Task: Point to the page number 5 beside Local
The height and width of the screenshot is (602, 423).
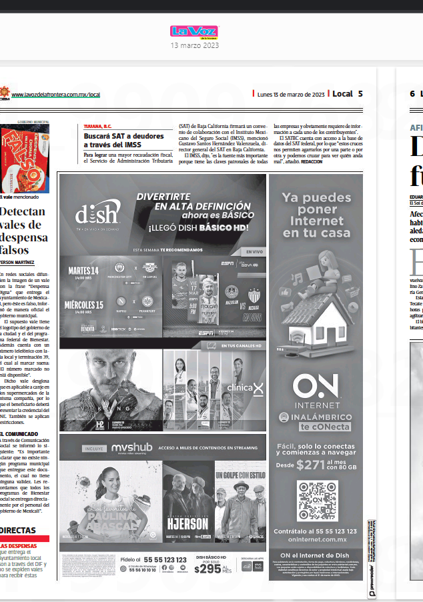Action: (360, 94)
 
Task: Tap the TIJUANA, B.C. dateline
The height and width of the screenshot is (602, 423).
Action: (97, 126)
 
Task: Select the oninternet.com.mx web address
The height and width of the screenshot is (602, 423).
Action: (315, 539)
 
